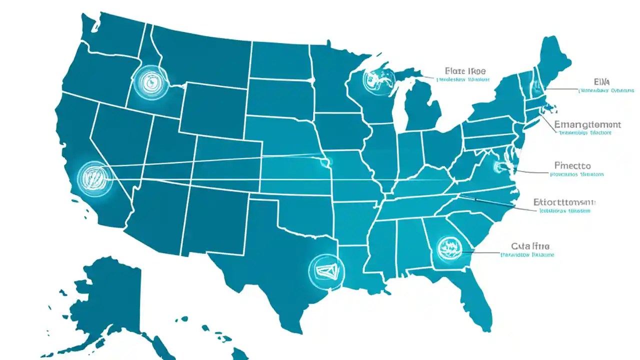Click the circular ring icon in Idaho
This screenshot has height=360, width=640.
[x=148, y=81]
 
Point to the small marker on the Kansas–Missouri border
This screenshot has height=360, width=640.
[x=327, y=161]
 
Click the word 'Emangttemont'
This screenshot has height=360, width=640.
[x=587, y=124]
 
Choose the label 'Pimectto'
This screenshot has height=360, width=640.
[x=572, y=165]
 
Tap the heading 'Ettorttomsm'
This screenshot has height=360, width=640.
[x=564, y=202]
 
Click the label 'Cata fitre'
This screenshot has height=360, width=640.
[x=530, y=246]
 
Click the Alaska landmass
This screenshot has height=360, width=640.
[x=107, y=300]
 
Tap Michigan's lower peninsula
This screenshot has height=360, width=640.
[x=422, y=110]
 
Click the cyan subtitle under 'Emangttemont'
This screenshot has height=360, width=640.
[x=585, y=133]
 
